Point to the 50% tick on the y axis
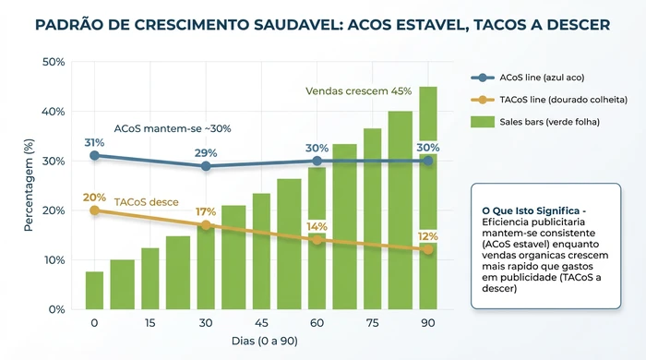pyautogui.click(x=53, y=62)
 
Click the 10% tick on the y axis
pyautogui.click(x=53, y=260)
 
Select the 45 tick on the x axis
pyautogui.click(x=261, y=323)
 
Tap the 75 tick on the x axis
pyautogui.click(x=372, y=323)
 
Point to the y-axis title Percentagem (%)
pyautogui.click(x=29, y=186)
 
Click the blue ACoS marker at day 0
pyautogui.click(x=94, y=156)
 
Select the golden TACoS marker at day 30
pyautogui.click(x=206, y=225)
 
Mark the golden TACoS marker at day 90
pyautogui.click(x=428, y=250)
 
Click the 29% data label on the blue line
pyautogui.click(x=206, y=152)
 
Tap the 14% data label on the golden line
pyautogui.click(x=317, y=226)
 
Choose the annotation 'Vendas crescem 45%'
pyautogui.click(x=358, y=91)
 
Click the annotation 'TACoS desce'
pyautogui.click(x=146, y=201)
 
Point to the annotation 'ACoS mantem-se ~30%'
pyautogui.click(x=173, y=128)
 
